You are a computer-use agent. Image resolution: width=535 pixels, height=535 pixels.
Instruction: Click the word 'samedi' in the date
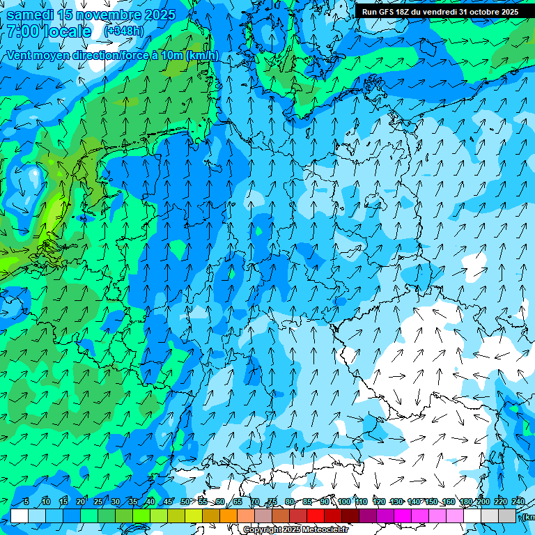click(x=29, y=15)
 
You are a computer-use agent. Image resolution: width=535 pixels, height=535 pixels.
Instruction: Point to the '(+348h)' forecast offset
click(x=123, y=31)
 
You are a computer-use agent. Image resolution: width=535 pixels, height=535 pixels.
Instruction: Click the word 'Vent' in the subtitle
click(x=20, y=55)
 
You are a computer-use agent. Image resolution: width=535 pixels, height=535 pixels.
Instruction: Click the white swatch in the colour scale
click(x=20, y=515)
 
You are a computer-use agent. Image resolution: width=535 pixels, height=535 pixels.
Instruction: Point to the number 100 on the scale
click(x=343, y=502)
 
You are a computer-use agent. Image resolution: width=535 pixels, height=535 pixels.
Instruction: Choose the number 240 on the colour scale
click(x=518, y=502)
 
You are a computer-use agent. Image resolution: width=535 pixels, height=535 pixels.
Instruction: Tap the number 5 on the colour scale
click(x=26, y=502)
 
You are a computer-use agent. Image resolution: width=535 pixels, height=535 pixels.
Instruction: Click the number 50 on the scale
click(x=185, y=502)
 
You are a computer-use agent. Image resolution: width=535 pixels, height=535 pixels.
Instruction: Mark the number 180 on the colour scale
click(x=465, y=502)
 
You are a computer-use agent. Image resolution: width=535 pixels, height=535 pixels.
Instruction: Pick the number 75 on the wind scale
click(x=272, y=502)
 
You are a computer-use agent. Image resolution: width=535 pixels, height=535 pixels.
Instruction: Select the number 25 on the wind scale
click(x=98, y=502)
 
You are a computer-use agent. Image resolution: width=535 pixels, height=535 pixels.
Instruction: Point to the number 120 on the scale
click(x=379, y=502)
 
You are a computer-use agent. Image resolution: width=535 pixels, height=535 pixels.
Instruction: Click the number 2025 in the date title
click(x=155, y=15)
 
